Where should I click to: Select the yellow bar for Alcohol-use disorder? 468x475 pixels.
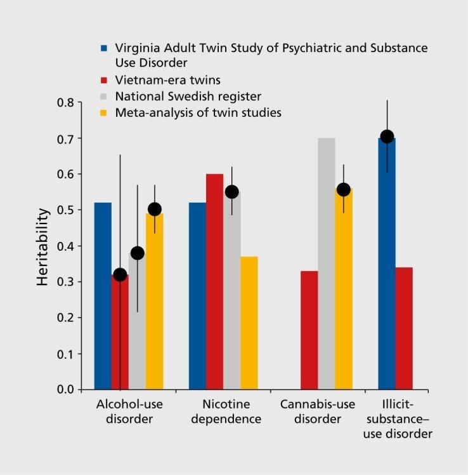tap(154, 305)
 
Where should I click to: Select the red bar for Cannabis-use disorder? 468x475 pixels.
tap(309, 330)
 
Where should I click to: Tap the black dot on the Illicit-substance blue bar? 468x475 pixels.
tap(387, 137)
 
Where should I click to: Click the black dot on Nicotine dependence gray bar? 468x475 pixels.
tap(232, 192)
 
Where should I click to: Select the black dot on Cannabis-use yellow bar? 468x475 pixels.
tap(344, 189)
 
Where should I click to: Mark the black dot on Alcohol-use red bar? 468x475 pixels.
tap(120, 274)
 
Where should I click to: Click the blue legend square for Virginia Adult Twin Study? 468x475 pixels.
tap(103, 49)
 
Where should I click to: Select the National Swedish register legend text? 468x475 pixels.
tap(188, 97)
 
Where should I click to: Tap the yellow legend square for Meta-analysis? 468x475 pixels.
tap(103, 113)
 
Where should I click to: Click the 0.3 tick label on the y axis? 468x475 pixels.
tap(65, 281)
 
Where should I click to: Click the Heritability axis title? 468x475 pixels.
tap(42, 246)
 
